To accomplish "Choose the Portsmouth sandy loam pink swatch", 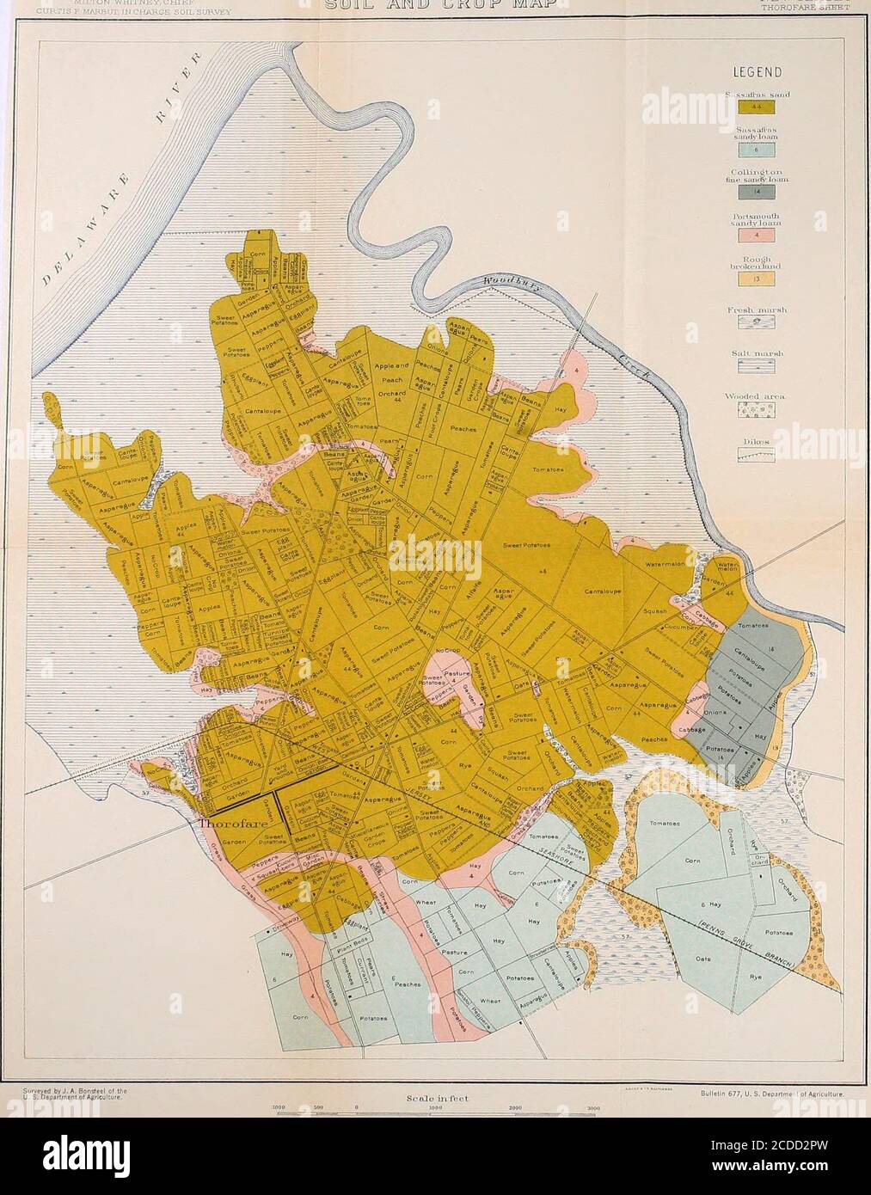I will (757, 236).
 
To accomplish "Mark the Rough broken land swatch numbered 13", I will (757, 279).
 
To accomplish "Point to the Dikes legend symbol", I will (757, 457).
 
